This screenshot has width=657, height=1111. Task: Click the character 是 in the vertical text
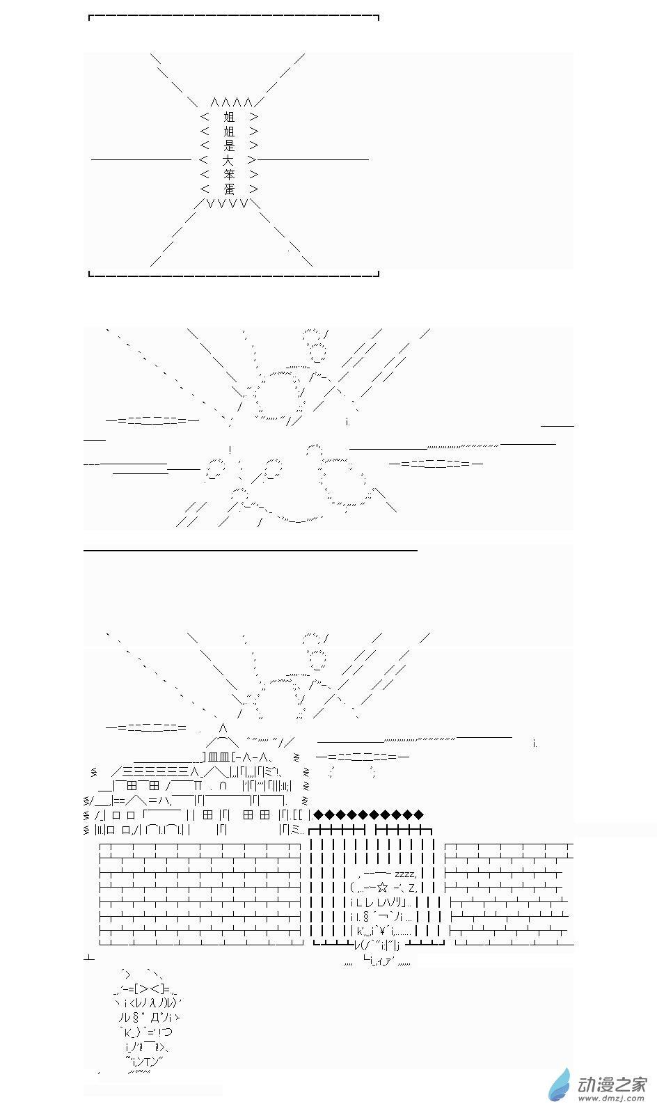(x=228, y=145)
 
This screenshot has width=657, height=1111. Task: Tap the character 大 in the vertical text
(x=228, y=160)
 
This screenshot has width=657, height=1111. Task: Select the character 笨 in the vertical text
(x=228, y=175)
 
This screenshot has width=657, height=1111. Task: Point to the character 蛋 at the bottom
(x=228, y=189)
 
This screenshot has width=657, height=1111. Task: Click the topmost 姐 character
(x=228, y=117)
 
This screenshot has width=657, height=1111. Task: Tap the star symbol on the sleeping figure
(x=382, y=887)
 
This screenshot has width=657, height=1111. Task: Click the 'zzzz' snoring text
(x=406, y=874)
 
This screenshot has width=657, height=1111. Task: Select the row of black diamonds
(x=368, y=814)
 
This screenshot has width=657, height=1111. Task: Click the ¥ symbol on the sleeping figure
(x=383, y=930)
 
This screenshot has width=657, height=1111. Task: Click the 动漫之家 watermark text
(x=612, y=1084)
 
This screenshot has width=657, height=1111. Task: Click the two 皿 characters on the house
(x=219, y=757)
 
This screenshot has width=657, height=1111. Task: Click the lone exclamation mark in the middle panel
(x=230, y=450)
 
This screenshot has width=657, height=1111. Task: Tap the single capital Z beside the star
(x=413, y=888)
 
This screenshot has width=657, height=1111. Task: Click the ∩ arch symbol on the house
(x=223, y=786)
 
